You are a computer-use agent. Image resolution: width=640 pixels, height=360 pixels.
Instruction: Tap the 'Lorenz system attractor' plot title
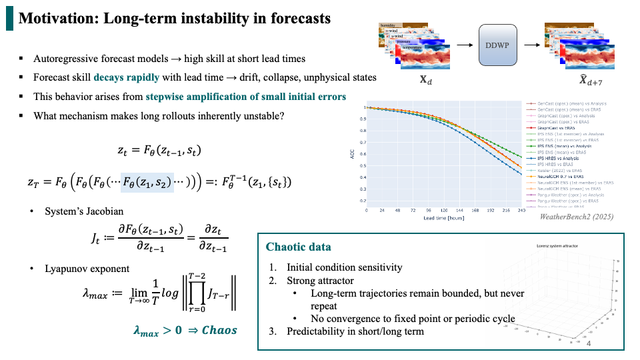pos(558,246)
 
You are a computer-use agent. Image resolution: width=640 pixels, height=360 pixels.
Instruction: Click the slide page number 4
pos(588,343)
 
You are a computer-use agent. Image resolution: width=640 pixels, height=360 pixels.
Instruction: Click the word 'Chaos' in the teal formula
pos(219,331)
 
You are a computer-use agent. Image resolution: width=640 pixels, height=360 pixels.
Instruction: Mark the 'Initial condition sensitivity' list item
pos(345,267)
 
